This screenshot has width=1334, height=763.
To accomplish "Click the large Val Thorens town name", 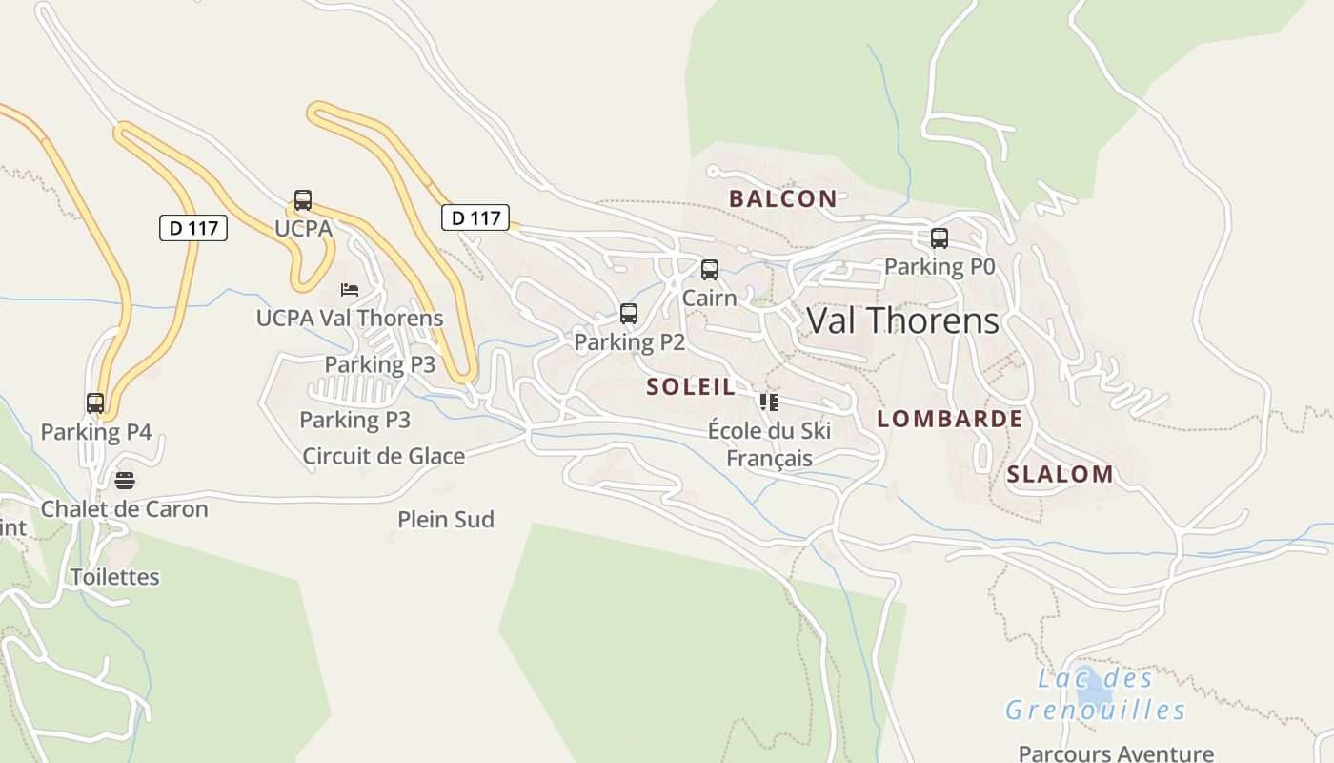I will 902,320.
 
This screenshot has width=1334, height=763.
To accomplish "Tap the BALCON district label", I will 782,198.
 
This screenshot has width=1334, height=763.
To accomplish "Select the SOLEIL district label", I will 691,386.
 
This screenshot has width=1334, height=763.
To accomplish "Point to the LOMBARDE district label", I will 949,419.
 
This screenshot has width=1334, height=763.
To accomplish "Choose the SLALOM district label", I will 1060,474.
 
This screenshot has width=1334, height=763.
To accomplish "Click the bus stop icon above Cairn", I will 709,270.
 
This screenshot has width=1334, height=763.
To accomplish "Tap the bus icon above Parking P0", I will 939,238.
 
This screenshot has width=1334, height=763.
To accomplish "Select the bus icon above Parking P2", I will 628,313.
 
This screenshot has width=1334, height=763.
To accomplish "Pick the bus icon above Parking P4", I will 95,402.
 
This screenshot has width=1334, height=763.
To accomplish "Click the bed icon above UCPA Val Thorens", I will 350,290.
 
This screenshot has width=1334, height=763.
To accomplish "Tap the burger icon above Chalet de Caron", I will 124,480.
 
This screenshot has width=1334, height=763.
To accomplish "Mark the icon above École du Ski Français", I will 769,402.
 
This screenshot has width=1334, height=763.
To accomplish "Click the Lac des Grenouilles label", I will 1096,694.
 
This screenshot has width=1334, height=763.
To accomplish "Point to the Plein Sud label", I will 446,520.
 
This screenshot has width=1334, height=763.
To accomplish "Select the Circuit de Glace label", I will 384,456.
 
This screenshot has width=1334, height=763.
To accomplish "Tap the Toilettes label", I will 115,577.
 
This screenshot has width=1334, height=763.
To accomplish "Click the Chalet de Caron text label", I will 124,509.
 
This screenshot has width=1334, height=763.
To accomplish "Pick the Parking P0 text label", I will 940,267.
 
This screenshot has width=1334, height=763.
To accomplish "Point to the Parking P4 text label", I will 96,432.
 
